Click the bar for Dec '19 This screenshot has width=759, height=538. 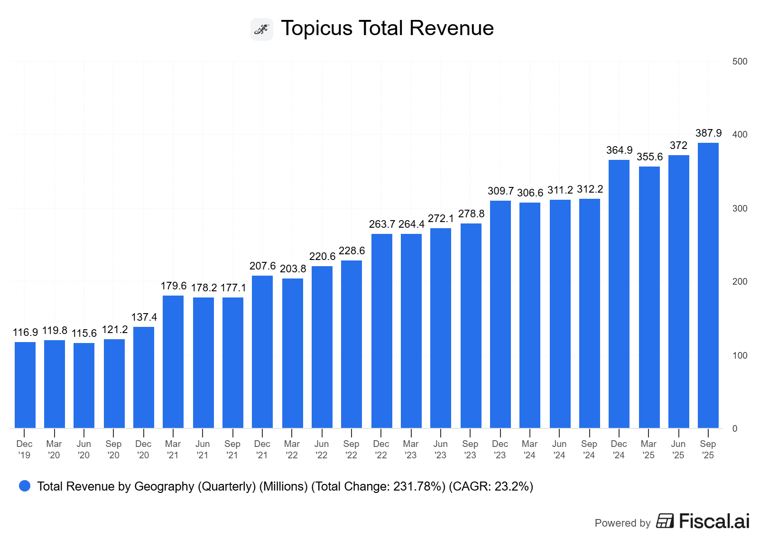25,385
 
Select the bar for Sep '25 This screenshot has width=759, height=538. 708,285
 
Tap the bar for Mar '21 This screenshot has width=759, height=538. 173,362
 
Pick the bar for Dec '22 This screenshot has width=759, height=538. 381,331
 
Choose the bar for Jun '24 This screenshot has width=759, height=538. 560,314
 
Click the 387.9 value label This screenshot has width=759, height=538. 708,133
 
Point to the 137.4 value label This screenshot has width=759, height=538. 144,317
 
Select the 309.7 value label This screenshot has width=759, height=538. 500,191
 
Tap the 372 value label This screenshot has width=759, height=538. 678,146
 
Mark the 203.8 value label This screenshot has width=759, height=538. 293,269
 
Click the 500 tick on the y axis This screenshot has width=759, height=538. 740,61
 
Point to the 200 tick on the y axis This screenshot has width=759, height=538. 740,281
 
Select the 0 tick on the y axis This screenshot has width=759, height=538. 735,428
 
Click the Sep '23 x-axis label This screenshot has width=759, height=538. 470,449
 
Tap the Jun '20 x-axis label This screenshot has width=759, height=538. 84,449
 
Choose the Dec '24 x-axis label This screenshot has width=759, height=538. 619,449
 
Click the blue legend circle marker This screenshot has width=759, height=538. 25,486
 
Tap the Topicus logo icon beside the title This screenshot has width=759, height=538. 262,29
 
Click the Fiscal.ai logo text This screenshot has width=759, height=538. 714,521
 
